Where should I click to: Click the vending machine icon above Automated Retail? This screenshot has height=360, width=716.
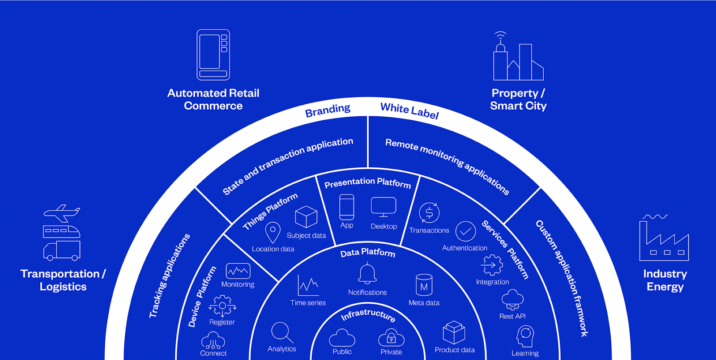(x=213, y=55)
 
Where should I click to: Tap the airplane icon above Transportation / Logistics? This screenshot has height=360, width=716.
(x=62, y=213)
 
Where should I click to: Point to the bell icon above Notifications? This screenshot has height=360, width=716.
(x=367, y=273)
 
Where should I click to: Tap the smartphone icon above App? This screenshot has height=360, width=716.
(x=346, y=207)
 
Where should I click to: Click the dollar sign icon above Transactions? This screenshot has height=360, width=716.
(x=429, y=213)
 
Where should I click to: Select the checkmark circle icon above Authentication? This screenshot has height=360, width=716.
(x=465, y=231)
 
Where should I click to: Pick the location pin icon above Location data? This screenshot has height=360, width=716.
(x=273, y=233)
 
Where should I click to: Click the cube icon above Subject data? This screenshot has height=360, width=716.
(x=306, y=217)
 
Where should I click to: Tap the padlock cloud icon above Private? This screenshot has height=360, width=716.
(x=391, y=338)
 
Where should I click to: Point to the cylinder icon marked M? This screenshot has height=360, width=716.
(x=424, y=285)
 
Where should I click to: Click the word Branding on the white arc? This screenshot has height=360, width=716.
(x=328, y=110)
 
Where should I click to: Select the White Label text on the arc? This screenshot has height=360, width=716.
(x=409, y=110)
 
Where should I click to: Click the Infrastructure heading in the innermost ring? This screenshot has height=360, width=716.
(x=368, y=314)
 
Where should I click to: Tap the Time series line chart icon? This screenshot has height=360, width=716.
(x=308, y=285)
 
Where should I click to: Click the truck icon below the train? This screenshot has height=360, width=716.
(x=62, y=251)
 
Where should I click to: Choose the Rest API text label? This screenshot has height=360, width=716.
(x=512, y=316)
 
